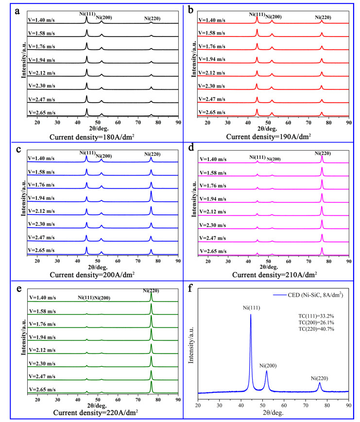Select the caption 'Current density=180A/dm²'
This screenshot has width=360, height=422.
[92, 137]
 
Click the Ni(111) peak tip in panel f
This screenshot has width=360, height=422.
[251, 315]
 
